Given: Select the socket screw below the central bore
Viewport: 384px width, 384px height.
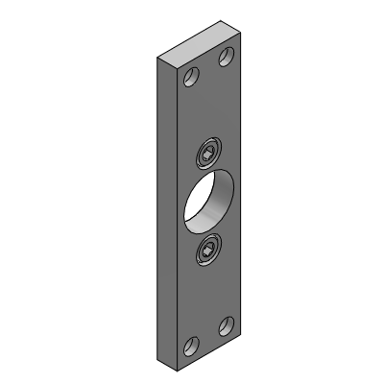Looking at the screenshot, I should pos(206,251).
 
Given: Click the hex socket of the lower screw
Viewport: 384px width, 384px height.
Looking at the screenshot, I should pos(206,251).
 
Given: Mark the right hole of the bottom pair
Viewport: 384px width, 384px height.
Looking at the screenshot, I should pos(228,324).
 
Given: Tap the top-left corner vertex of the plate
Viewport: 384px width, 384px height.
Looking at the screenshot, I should pos(156,60).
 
